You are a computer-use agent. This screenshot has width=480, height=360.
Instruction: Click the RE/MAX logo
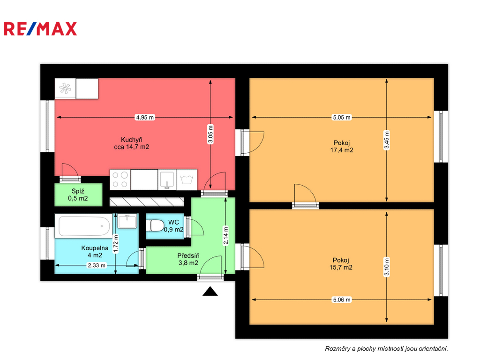click(40, 29)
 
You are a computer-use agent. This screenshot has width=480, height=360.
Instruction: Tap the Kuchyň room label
click(132, 140)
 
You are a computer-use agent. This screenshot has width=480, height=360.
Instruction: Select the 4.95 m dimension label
click(145, 117)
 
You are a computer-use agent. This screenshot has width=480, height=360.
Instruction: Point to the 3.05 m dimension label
click(210, 134)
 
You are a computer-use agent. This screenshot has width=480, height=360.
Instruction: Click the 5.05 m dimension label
click(342, 117)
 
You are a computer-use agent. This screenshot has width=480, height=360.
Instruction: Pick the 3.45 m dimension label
click(387, 140)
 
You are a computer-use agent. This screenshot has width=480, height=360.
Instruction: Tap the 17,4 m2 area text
click(342, 150)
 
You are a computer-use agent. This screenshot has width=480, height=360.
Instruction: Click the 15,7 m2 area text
click(341, 267)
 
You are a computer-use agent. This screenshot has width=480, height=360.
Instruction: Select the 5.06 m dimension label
click(342, 300)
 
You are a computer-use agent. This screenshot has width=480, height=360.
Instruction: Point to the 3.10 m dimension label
click(387, 267)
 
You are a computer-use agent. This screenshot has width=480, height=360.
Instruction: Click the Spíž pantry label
click(78, 191)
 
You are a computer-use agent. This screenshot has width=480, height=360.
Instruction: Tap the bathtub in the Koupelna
click(84, 226)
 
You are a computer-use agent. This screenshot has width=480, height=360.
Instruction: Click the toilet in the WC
click(155, 225)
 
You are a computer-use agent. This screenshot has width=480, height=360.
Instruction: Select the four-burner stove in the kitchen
click(120, 180)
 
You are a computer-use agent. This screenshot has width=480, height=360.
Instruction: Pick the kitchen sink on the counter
click(167, 180)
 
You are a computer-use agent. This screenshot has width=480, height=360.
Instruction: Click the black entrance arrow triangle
click(210, 292)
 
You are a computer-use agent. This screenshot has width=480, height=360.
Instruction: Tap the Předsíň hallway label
click(188, 255)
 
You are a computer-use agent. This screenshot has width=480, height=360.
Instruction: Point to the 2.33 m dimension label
click(97, 265)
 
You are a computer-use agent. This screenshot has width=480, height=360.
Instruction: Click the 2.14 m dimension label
click(225, 236)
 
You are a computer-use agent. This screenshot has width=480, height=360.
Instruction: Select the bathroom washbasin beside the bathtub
click(127, 222)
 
